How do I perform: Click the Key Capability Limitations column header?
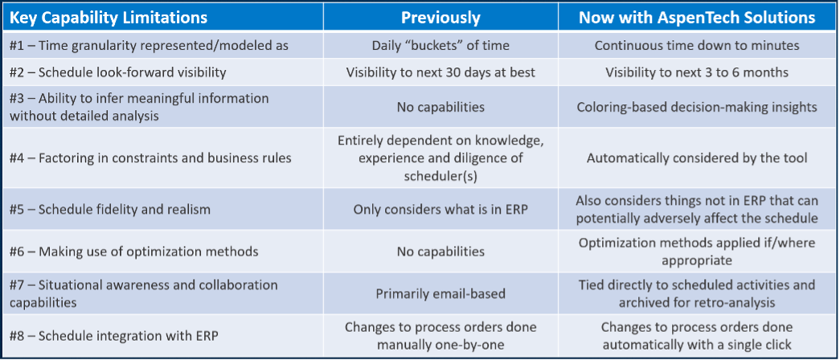[x=109, y=18]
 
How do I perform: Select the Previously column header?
[x=440, y=18]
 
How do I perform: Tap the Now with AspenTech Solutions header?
[x=697, y=18]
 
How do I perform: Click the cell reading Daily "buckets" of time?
[x=440, y=46]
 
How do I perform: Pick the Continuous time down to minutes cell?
[x=697, y=46]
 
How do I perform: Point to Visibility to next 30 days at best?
[x=440, y=72]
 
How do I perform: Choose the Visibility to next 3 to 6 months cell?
[x=697, y=72]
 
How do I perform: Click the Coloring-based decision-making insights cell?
[x=697, y=107]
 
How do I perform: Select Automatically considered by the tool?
[x=697, y=158]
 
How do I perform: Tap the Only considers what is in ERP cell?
[x=440, y=210]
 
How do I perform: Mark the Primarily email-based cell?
[x=440, y=293]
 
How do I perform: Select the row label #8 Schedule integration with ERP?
[x=114, y=337]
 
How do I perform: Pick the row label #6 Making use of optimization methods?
[x=134, y=252]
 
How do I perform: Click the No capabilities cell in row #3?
[x=440, y=107]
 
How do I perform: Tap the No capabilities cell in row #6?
[x=440, y=252]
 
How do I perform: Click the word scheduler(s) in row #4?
[x=440, y=175]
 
